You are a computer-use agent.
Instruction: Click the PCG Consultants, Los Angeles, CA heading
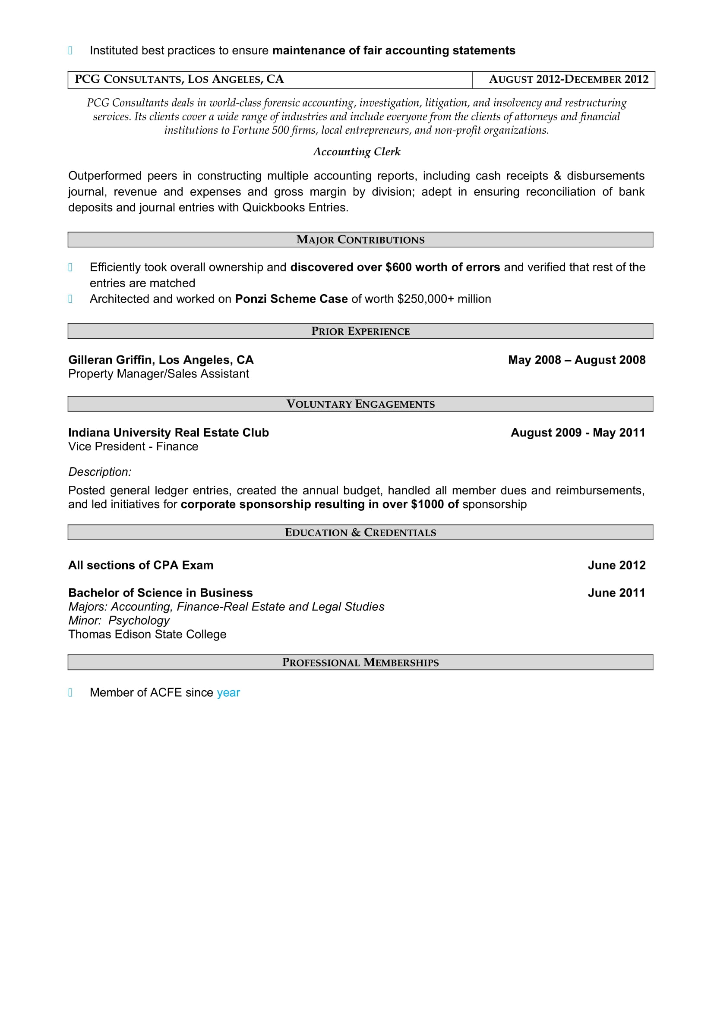pyautogui.click(x=180, y=79)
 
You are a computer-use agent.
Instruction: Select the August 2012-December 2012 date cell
pyautogui.click(x=569, y=79)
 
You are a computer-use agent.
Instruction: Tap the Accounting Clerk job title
pyautogui.click(x=357, y=152)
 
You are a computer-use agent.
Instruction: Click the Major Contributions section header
pyautogui.click(x=360, y=240)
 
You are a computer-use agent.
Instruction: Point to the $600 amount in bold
pyautogui.click(x=398, y=267)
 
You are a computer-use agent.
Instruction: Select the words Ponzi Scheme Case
pyautogui.click(x=291, y=299)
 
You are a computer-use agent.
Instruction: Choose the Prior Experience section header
pyautogui.click(x=360, y=331)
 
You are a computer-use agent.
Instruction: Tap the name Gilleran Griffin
pyautogui.click(x=110, y=360)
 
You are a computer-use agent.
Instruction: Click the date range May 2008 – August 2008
pyautogui.click(x=576, y=360)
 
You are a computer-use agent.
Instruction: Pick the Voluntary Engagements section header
pyautogui.click(x=360, y=404)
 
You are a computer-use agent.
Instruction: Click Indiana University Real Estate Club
pyautogui.click(x=168, y=433)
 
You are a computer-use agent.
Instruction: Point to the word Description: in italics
pyautogui.click(x=100, y=472)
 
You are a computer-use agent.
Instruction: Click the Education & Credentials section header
pyautogui.click(x=360, y=533)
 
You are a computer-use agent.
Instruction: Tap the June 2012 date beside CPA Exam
pyautogui.click(x=616, y=566)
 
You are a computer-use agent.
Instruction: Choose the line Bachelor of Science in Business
pyautogui.click(x=161, y=593)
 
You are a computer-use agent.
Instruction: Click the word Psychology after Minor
pyautogui.click(x=139, y=620)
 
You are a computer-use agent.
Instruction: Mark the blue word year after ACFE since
pyautogui.click(x=228, y=693)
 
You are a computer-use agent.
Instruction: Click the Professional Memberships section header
pyautogui.click(x=360, y=663)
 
